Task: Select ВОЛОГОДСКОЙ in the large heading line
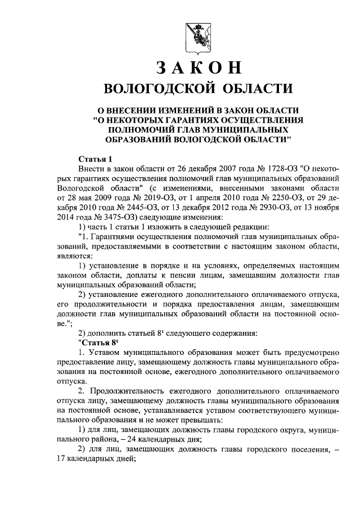161,88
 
